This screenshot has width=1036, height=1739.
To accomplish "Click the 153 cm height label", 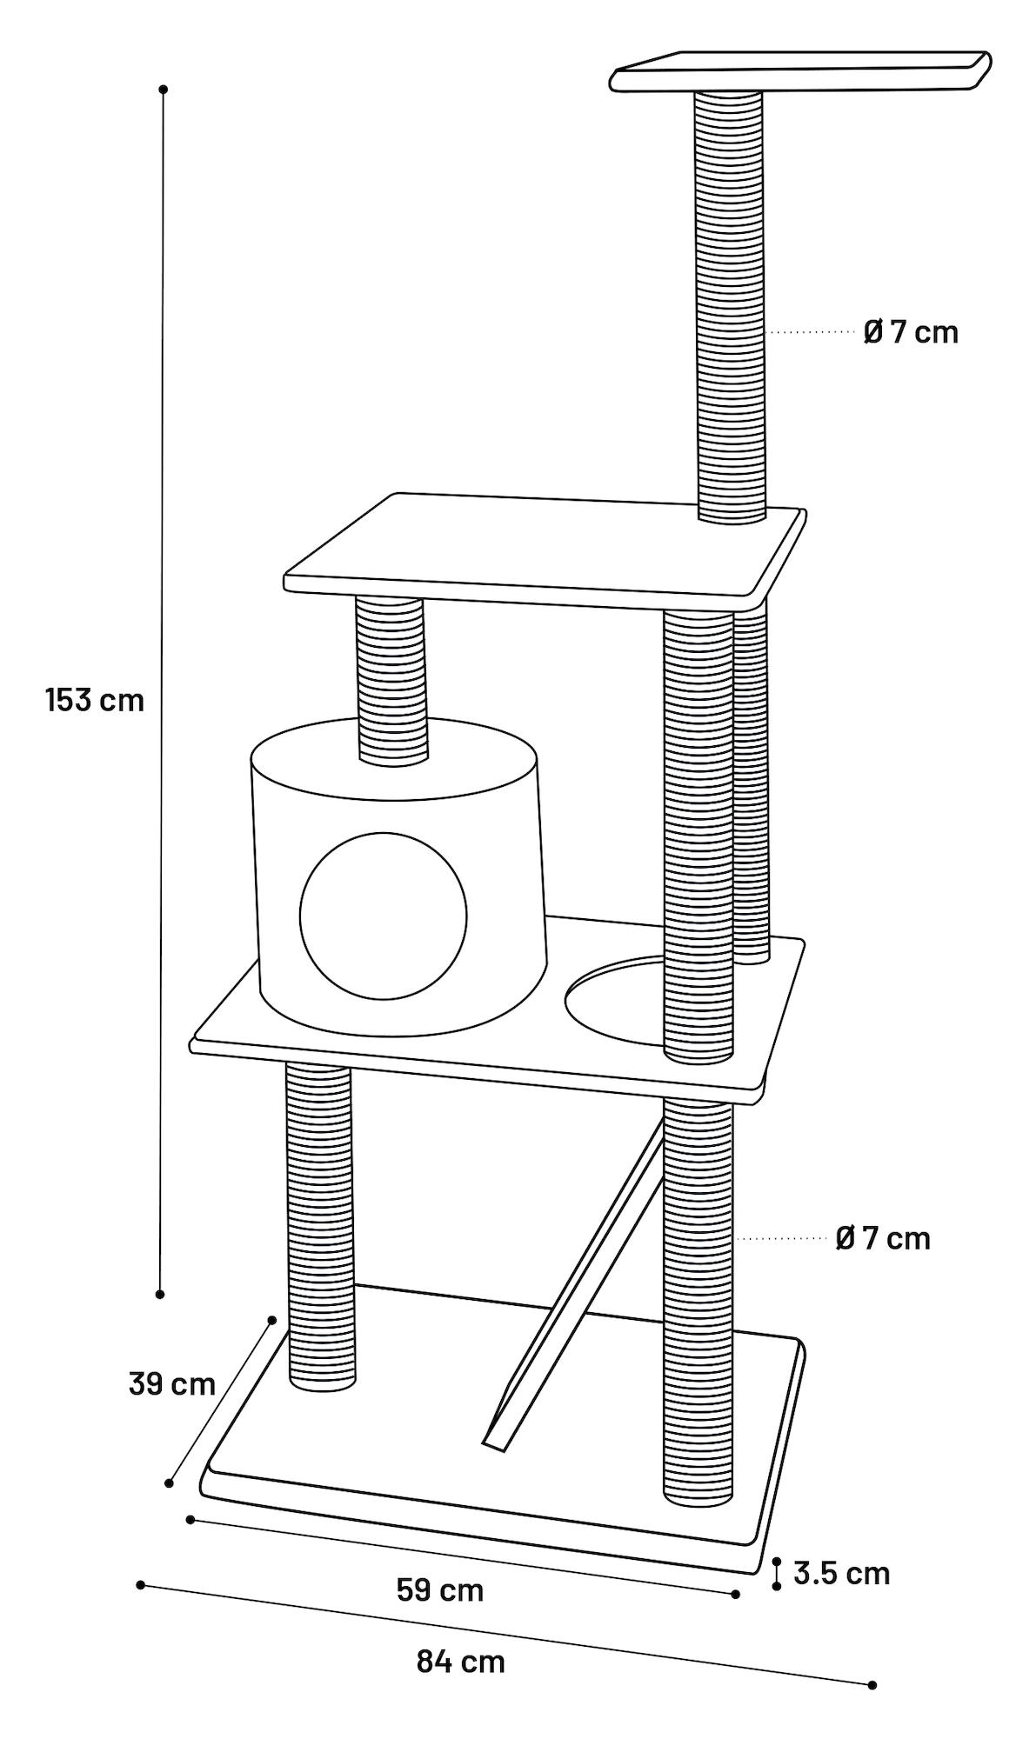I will click(x=95, y=699).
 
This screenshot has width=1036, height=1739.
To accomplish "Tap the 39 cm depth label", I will click(x=171, y=1383).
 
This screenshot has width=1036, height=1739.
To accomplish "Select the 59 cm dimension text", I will click(x=439, y=1590).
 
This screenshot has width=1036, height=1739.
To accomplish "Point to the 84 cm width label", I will click(x=460, y=1662).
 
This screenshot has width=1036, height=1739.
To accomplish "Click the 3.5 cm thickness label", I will click(x=841, y=1573).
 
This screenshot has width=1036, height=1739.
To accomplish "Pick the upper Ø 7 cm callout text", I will click(x=911, y=332).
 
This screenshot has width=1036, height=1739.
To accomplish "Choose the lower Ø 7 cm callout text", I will click(x=883, y=1238).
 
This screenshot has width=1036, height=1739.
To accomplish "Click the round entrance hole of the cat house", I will click(x=384, y=916).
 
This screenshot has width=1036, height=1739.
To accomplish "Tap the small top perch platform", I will click(x=800, y=72).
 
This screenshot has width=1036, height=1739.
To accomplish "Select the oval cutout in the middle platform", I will click(x=613, y=1000).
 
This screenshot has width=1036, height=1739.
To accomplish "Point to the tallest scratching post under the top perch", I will click(x=730, y=304).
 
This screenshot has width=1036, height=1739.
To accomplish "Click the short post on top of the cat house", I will click(x=391, y=678).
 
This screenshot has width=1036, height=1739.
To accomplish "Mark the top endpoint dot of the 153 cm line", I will click(x=163, y=90).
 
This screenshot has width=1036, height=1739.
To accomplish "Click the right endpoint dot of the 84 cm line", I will click(x=872, y=1685).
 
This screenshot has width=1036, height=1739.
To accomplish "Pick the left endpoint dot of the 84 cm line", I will click(x=141, y=1585).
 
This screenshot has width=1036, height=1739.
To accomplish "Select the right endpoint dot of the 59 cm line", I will click(x=736, y=1594).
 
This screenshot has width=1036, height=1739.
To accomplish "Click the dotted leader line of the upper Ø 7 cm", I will click(x=812, y=332).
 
